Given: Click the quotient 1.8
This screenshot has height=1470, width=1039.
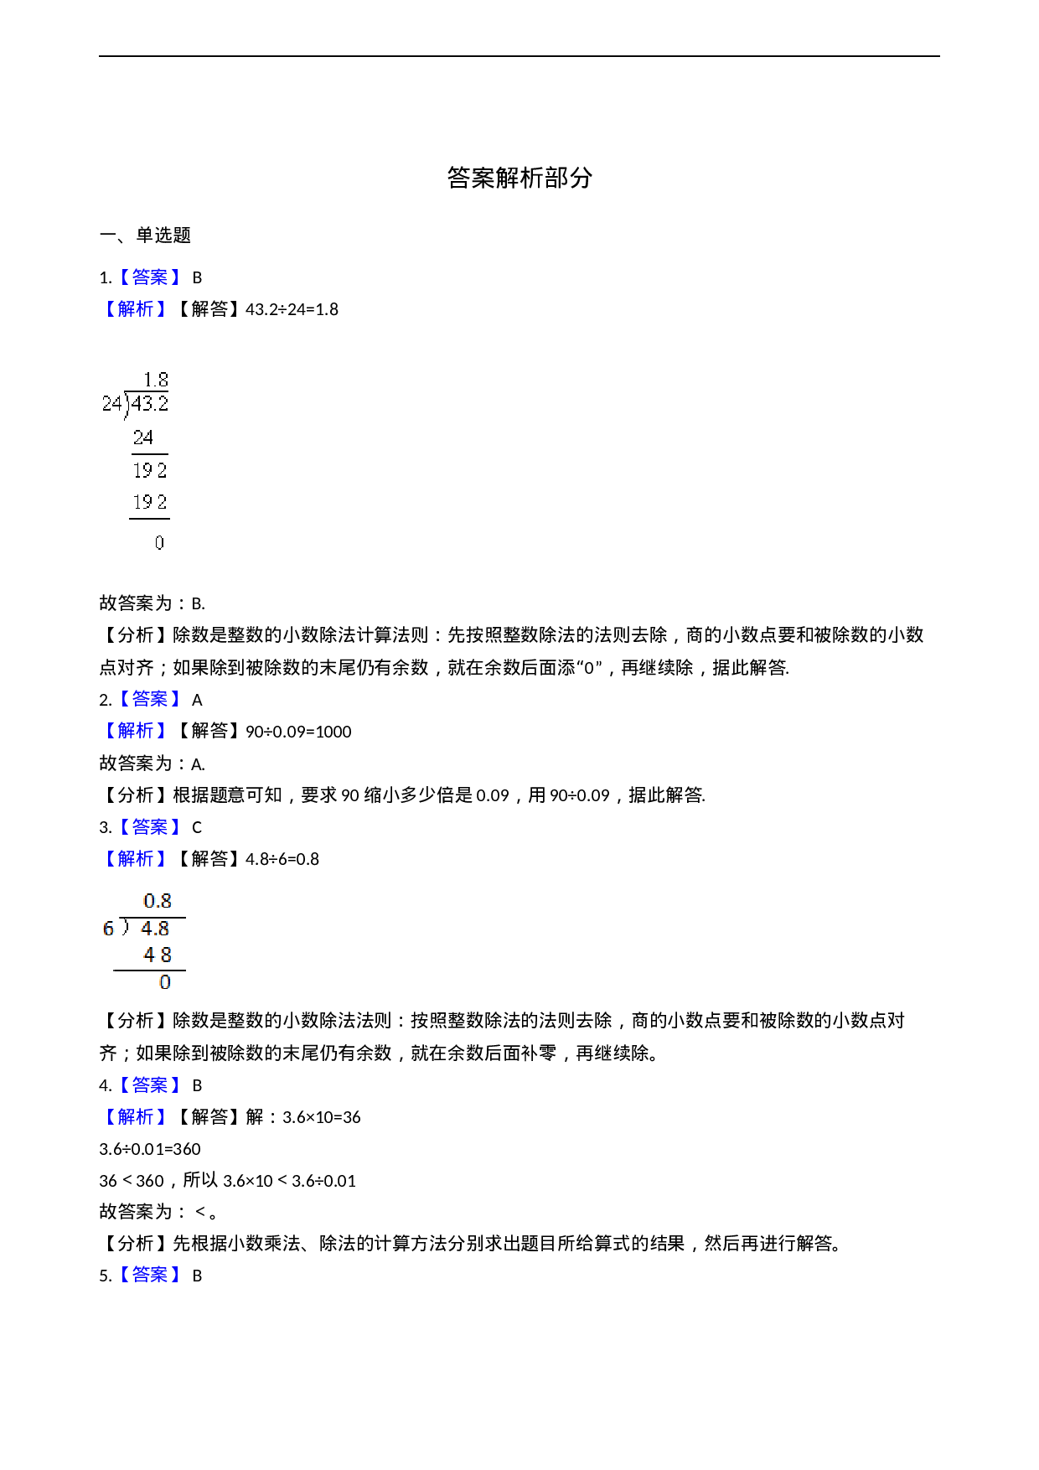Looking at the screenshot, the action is click(x=156, y=380).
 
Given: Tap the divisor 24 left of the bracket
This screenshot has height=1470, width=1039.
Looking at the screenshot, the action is click(x=111, y=404).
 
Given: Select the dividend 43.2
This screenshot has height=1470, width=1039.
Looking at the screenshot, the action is click(x=150, y=404).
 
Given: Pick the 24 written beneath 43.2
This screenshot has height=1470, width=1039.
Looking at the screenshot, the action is click(x=143, y=437).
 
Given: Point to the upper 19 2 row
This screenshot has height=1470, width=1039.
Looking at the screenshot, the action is click(x=150, y=470).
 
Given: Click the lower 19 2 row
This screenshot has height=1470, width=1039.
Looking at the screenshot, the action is click(x=150, y=502).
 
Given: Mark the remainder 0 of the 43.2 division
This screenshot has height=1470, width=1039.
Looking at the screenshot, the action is click(x=159, y=543).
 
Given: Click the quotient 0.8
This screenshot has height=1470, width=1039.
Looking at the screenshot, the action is click(x=158, y=902).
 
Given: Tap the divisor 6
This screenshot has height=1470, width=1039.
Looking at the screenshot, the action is click(x=108, y=929).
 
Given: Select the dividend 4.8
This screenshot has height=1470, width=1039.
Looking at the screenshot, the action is click(x=155, y=929).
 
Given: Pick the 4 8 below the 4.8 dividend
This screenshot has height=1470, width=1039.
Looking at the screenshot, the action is click(x=158, y=955).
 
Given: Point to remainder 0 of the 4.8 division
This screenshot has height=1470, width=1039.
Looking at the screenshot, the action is click(x=165, y=982).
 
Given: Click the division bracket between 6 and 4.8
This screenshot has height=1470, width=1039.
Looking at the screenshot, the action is click(x=125, y=927).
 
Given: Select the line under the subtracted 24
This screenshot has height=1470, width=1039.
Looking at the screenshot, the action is click(x=149, y=454).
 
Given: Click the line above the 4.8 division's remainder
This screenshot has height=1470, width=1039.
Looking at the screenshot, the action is click(x=149, y=971).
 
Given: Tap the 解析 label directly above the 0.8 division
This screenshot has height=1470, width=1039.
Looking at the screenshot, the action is click(x=136, y=859).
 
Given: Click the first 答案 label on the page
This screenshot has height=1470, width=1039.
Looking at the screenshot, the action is click(x=150, y=277).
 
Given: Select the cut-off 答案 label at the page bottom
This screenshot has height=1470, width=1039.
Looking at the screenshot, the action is click(x=150, y=1274).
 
